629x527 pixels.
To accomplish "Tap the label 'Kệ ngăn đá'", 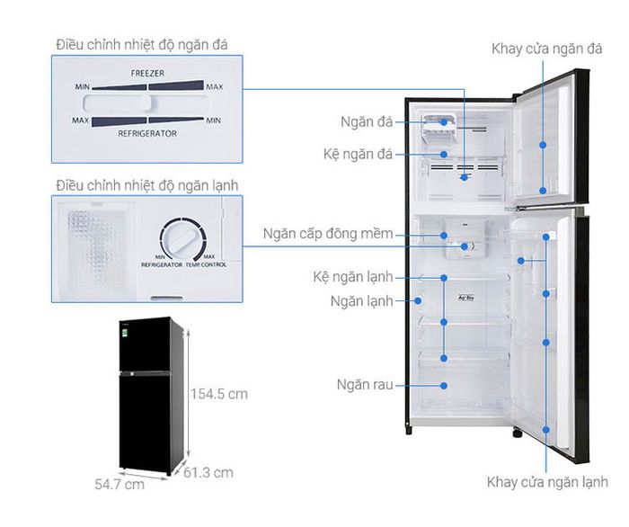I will coord(359,155).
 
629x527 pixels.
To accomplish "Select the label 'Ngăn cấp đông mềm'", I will coord(328,235).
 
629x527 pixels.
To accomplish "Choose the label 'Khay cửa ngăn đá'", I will coord(546,49).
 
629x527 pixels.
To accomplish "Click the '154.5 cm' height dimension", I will coord(218,393).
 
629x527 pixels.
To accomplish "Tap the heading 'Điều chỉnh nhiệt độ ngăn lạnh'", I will coord(146,185).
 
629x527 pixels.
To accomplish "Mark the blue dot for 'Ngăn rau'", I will coord(444,385).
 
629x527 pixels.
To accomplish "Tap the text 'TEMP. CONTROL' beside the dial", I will coord(207,266).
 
